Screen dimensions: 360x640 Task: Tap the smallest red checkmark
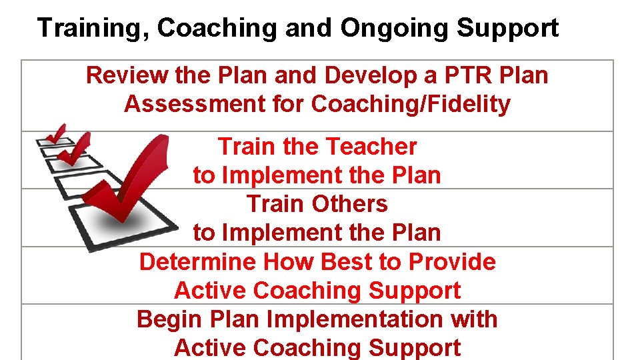[57, 133]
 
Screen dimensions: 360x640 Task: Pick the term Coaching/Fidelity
[411, 104]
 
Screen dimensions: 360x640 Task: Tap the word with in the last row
[474, 319]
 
